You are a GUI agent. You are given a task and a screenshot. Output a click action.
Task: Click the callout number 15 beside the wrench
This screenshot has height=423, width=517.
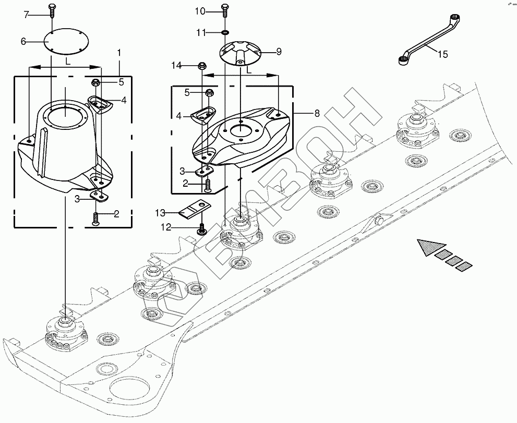[x=443, y=54]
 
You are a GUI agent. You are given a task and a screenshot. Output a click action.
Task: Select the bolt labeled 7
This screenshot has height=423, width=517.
[x=52, y=11]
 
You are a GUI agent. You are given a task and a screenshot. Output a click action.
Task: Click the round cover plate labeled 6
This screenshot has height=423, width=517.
[x=67, y=41]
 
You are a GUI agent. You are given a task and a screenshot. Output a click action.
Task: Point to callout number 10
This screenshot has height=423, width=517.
[x=200, y=11]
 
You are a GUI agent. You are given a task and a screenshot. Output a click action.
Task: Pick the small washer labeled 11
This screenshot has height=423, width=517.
[x=225, y=33]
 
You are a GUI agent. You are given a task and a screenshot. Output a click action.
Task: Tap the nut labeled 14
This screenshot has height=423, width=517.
[x=201, y=66]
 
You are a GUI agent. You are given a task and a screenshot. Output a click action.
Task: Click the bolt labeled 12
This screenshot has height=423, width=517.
[x=201, y=229]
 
